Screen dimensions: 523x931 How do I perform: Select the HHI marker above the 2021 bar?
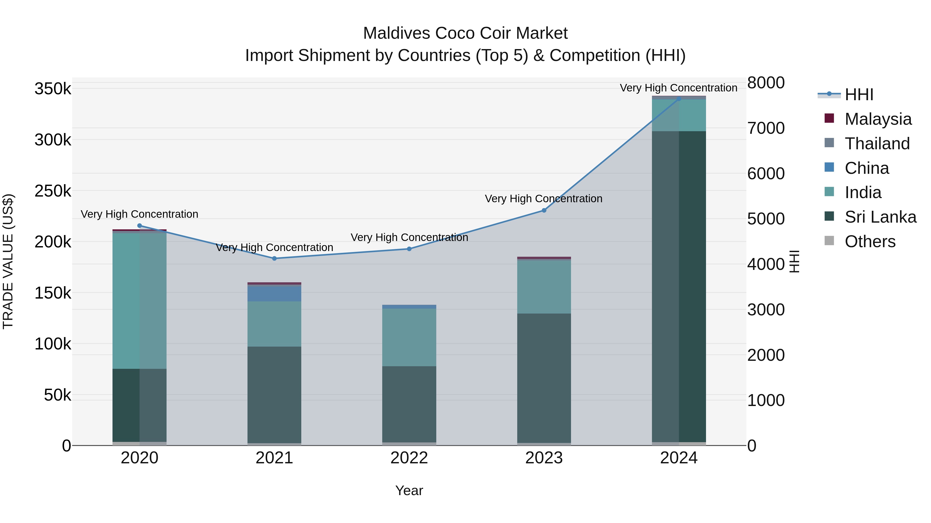pyautogui.click(x=274, y=259)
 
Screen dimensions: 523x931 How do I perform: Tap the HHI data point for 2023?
pyautogui.click(x=544, y=210)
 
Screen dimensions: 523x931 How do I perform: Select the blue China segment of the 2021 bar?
pyautogui.click(x=274, y=293)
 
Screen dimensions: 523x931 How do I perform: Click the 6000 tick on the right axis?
pyautogui.click(x=766, y=174)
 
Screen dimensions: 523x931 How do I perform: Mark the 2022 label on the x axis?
pyautogui.click(x=409, y=458)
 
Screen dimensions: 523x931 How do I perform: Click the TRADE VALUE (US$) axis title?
pyautogui.click(x=8, y=261)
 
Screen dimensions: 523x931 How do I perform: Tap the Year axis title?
pyautogui.click(x=409, y=490)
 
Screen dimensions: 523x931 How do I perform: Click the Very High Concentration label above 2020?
pyautogui.click(x=139, y=214)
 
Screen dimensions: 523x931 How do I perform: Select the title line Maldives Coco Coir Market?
pyautogui.click(x=465, y=33)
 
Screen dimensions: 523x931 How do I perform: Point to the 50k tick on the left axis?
pyautogui.click(x=57, y=395)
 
